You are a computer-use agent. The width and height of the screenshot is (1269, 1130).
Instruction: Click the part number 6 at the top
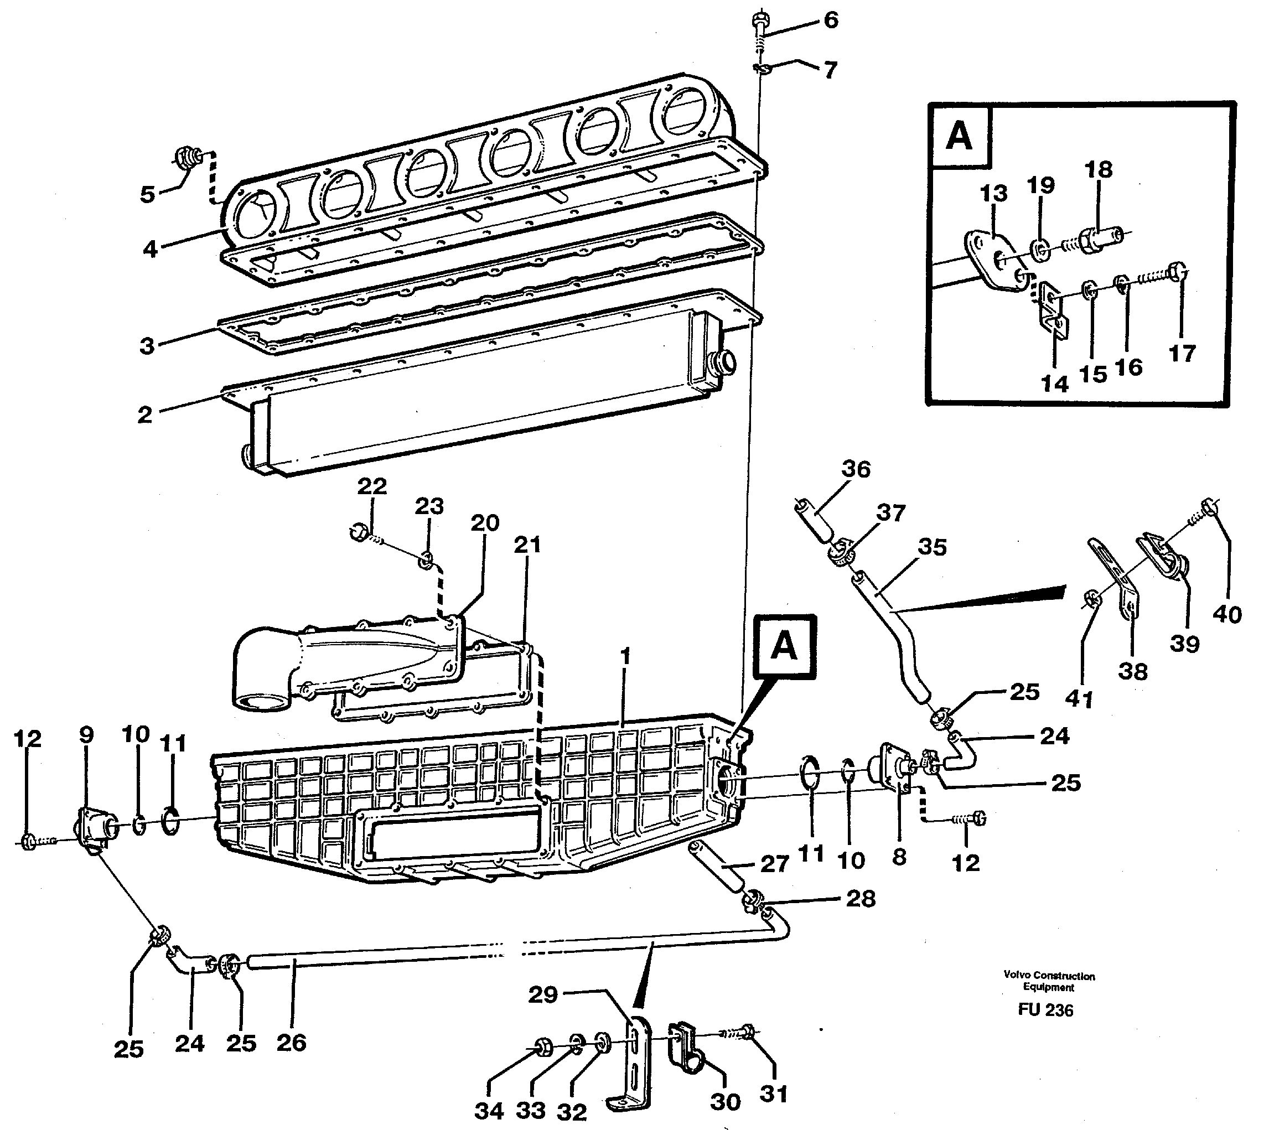click(831, 20)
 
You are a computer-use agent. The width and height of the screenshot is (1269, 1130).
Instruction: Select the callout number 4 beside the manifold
click(149, 249)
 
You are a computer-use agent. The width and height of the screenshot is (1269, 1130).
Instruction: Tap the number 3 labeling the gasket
click(147, 345)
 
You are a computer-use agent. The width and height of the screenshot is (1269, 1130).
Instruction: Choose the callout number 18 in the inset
click(1098, 169)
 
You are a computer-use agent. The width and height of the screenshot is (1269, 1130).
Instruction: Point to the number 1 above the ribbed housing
click(626, 656)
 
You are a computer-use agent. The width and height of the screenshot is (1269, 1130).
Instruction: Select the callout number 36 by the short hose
click(856, 469)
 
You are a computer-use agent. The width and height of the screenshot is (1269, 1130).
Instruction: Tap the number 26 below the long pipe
click(291, 1042)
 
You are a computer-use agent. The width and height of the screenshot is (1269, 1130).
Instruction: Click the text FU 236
click(1045, 1010)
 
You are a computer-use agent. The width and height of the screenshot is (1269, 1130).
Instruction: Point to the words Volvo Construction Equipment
click(1049, 981)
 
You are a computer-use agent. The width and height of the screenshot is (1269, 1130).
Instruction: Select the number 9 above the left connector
click(86, 734)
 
